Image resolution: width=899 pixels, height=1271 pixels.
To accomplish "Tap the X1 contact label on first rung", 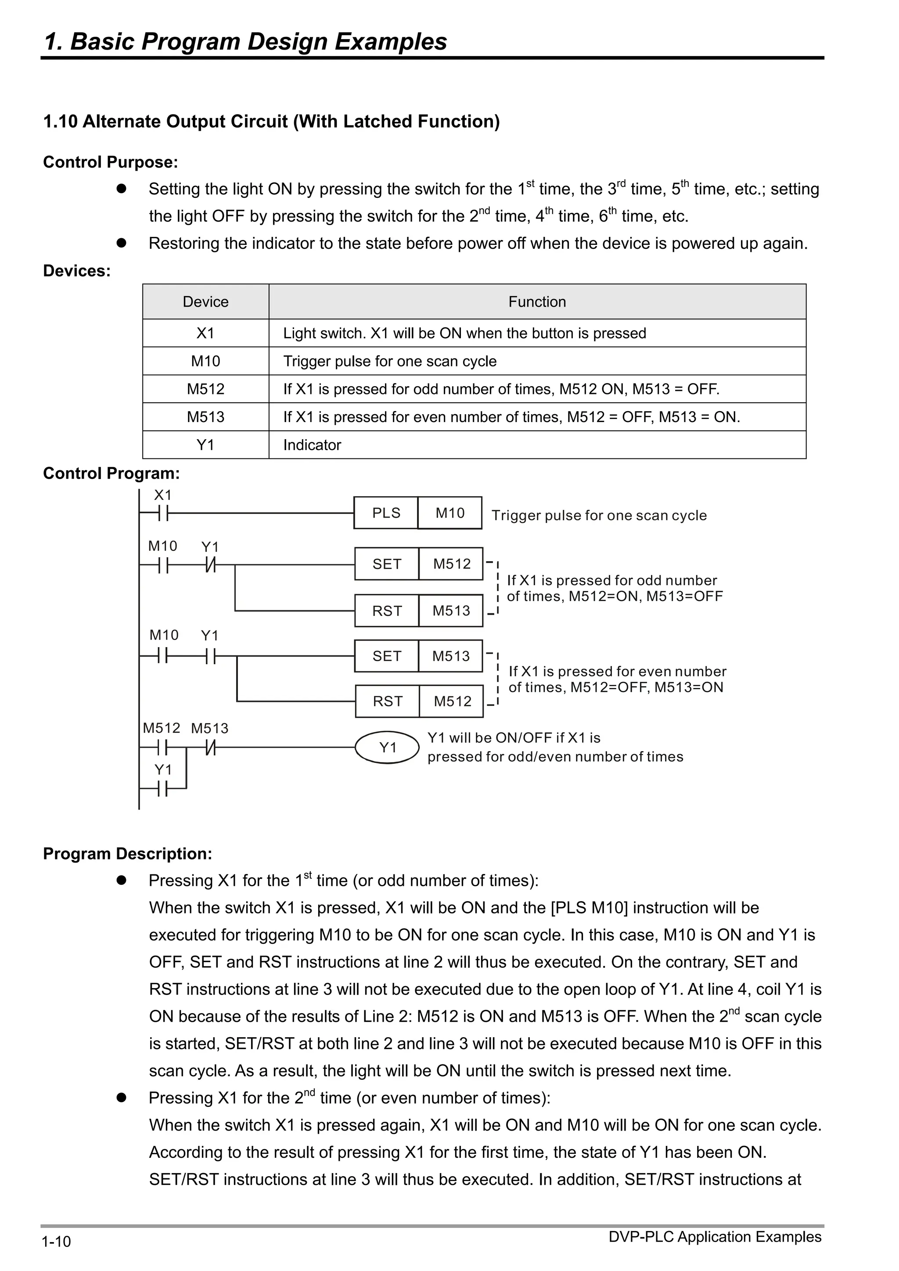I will [x=163, y=495].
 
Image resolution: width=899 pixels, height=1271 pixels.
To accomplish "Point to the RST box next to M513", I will [x=387, y=611].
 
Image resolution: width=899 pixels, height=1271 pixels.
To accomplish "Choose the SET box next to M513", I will [x=387, y=656].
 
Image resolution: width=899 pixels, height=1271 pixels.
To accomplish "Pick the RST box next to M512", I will [x=387, y=702].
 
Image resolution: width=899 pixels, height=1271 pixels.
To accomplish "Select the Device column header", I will [x=205, y=302].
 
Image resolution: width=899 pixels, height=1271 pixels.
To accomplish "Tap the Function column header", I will [x=537, y=302].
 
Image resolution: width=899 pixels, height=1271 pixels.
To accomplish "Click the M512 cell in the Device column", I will [x=205, y=389].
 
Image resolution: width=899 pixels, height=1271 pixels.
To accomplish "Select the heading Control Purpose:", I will [x=111, y=162].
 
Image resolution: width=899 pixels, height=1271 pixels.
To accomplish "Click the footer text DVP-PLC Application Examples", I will [x=715, y=1237].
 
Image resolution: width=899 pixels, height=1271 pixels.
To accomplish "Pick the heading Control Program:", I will [x=111, y=473].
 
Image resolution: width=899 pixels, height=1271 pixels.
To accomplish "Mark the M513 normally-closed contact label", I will [x=209, y=728].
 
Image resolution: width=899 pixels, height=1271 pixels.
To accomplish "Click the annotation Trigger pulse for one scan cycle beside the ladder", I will [x=599, y=516].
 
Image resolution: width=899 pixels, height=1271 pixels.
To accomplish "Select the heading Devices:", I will [x=77, y=271].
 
